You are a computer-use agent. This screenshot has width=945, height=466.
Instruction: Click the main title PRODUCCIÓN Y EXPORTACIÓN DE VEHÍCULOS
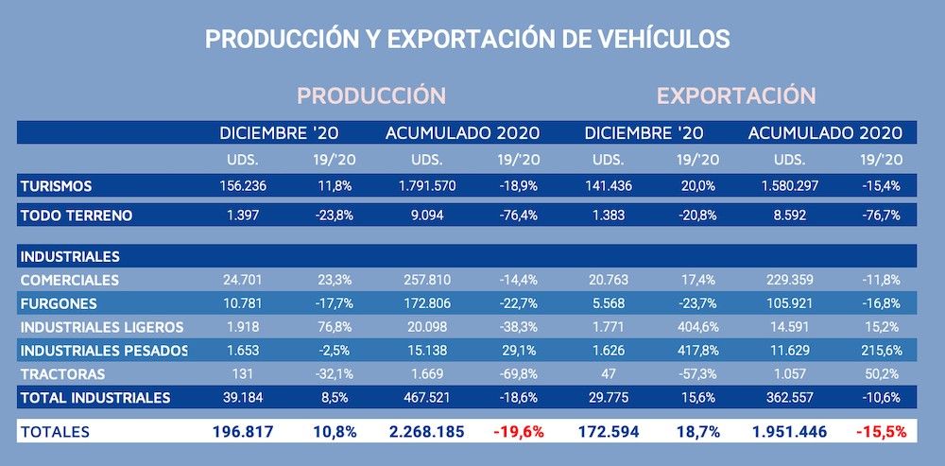pyautogui.click(x=468, y=39)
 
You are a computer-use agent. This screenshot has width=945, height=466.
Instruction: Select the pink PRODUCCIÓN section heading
pyautogui.click(x=371, y=95)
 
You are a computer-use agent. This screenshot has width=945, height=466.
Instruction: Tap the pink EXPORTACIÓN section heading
pyautogui.click(x=736, y=95)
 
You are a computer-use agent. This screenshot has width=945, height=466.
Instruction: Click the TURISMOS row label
pyautogui.click(x=57, y=185)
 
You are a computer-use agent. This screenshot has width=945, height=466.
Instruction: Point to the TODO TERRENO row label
pyautogui.click(x=77, y=216)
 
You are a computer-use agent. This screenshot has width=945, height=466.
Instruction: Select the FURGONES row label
pyautogui.click(x=58, y=303)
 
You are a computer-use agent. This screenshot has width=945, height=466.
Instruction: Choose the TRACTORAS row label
pyautogui.click(x=62, y=374)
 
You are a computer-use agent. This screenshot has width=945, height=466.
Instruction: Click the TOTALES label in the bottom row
pyautogui.click(x=54, y=432)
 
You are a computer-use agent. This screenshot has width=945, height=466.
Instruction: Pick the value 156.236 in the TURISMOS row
pyautogui.click(x=244, y=185)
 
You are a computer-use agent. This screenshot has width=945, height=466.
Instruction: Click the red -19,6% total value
pyautogui.click(x=518, y=432)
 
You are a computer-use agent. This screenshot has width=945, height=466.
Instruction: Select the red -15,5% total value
pyautogui.click(x=881, y=432)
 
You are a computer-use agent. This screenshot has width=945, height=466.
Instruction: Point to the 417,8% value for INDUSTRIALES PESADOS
pyautogui.click(x=700, y=351)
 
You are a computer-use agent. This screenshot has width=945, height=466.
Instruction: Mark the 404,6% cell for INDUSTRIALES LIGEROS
pyautogui.click(x=700, y=327)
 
